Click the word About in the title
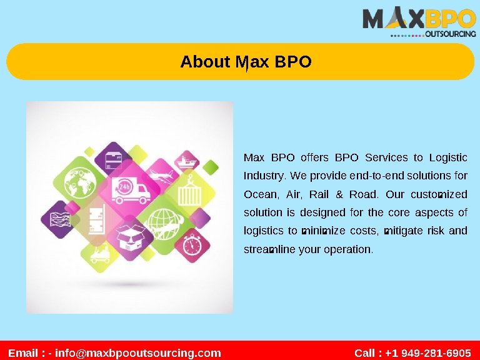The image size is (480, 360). (x=205, y=62)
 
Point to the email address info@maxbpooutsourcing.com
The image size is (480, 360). (x=138, y=353)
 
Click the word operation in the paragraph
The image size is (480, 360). (x=347, y=249)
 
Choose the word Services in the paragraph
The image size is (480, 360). (x=386, y=157)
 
